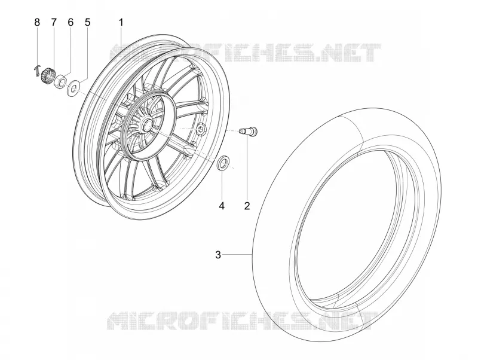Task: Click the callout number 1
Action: tap(121, 22)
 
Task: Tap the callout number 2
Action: tap(247, 206)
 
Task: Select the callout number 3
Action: tap(218, 255)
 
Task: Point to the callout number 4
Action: tap(222, 206)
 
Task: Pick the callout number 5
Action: tap(87, 22)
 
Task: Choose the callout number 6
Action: tap(71, 22)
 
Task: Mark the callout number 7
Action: tap(54, 22)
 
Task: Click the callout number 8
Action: tap(37, 22)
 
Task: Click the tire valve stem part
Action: tap(248, 130)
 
